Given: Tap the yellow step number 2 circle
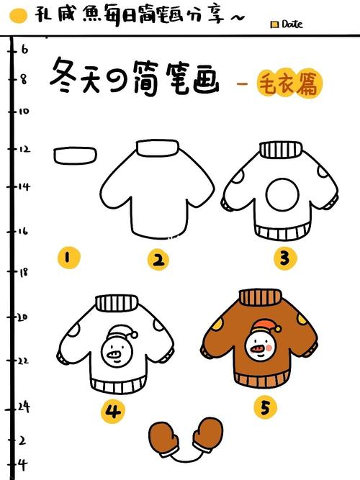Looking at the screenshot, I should point(158,260).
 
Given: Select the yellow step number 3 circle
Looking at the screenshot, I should point(285,258).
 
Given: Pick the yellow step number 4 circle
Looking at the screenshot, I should point(113,411).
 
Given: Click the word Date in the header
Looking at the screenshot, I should point(292,24).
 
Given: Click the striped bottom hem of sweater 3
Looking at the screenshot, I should point(281,233).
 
